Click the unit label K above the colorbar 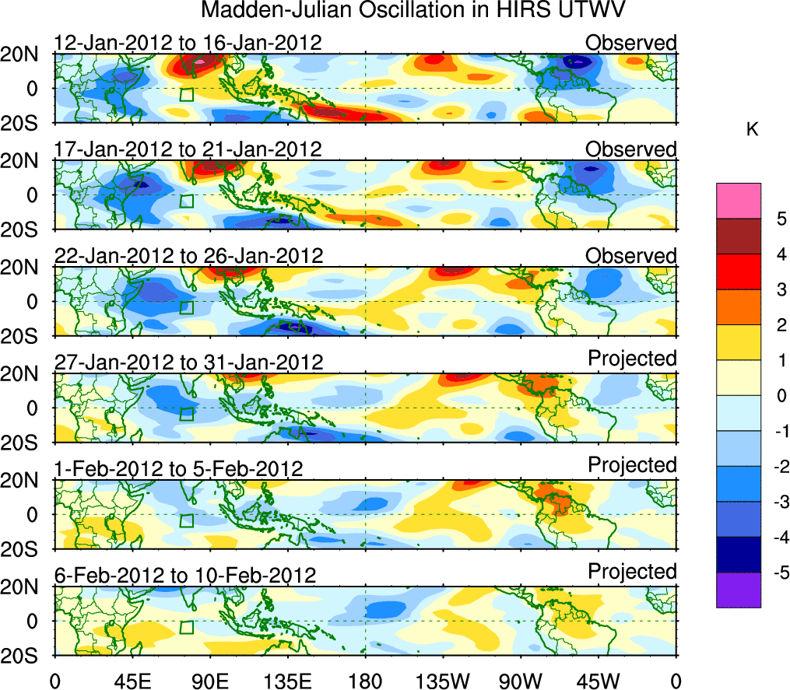pyautogui.click(x=752, y=130)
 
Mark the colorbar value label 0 pyautogui.click(x=778, y=396)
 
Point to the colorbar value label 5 pyautogui.click(x=778, y=219)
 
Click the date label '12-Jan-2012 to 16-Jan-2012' pyautogui.click(x=188, y=42)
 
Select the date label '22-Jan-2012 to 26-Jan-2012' pyautogui.click(x=188, y=255)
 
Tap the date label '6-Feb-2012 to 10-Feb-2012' pyautogui.click(x=185, y=575)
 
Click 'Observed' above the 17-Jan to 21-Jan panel pyautogui.click(x=631, y=149)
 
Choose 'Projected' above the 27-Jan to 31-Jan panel pyautogui.click(x=632, y=358)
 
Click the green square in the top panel pyautogui.click(x=186, y=94)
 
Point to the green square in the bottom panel pyautogui.click(x=186, y=627)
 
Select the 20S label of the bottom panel pyautogui.click(x=26, y=655)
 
